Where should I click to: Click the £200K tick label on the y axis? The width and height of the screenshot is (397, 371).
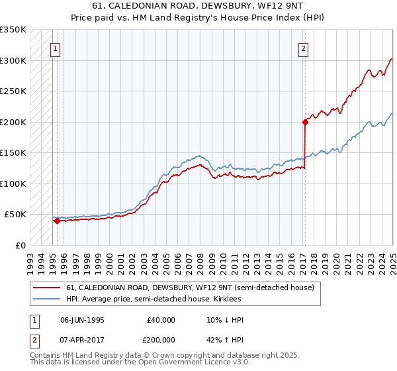pyautogui.click(x=13, y=122)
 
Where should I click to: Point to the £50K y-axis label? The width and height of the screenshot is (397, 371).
pyautogui.click(x=15, y=215)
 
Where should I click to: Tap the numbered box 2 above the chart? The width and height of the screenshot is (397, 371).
pyautogui.click(x=303, y=48)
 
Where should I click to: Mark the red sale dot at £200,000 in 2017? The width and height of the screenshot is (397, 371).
pyautogui.click(x=305, y=122)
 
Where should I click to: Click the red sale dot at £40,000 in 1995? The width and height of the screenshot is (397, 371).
pyautogui.click(x=57, y=221)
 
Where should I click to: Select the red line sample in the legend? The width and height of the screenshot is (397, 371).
pyautogui.click(x=48, y=288)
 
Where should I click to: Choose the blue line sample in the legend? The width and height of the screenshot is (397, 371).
pyautogui.click(x=48, y=299)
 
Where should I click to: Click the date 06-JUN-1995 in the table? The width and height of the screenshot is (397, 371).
pyautogui.click(x=82, y=320)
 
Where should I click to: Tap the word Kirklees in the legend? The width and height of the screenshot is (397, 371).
pyautogui.click(x=235, y=299)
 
